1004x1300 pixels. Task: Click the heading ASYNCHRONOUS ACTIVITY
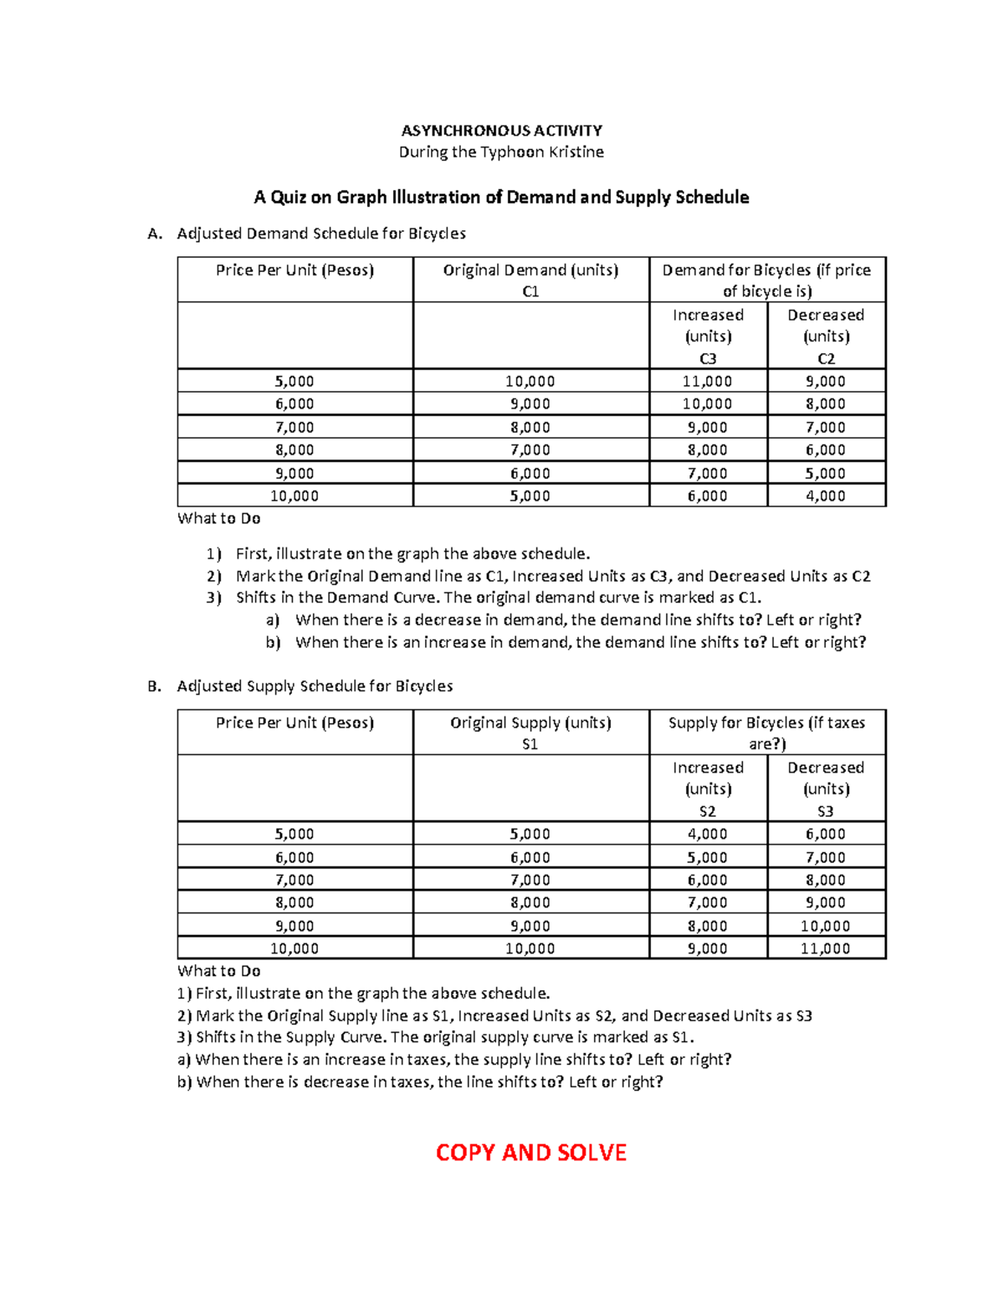(x=501, y=131)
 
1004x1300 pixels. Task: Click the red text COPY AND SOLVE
(x=530, y=1153)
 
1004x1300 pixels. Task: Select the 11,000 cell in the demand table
(x=707, y=381)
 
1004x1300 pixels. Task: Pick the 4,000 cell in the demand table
(x=825, y=496)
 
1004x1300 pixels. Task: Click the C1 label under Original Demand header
(x=530, y=291)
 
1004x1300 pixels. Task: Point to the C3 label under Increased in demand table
(x=708, y=358)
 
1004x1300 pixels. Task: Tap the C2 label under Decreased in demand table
(x=826, y=358)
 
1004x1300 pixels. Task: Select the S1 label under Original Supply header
(x=530, y=744)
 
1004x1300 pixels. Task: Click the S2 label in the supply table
(x=707, y=811)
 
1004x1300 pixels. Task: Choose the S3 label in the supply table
(x=825, y=811)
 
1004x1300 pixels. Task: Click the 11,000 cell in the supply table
(x=825, y=948)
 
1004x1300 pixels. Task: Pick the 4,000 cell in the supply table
(x=707, y=834)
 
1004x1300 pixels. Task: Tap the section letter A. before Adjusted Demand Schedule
(x=154, y=234)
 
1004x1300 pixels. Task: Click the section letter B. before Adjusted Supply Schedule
(x=154, y=686)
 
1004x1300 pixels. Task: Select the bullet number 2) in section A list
(x=214, y=576)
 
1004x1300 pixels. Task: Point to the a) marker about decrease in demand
(x=272, y=620)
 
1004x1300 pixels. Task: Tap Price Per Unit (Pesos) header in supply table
(x=295, y=722)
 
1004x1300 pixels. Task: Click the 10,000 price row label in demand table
(x=294, y=496)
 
